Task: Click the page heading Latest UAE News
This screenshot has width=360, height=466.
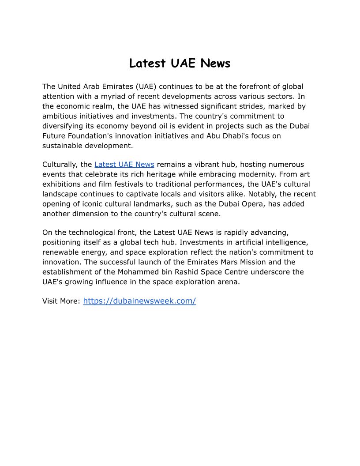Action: tap(180, 64)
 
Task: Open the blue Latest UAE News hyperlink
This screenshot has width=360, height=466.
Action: tap(124, 165)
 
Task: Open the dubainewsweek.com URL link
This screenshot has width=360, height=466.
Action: tap(139, 301)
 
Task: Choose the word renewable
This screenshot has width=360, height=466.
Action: tap(62, 252)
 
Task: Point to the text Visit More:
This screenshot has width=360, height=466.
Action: tap(61, 301)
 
